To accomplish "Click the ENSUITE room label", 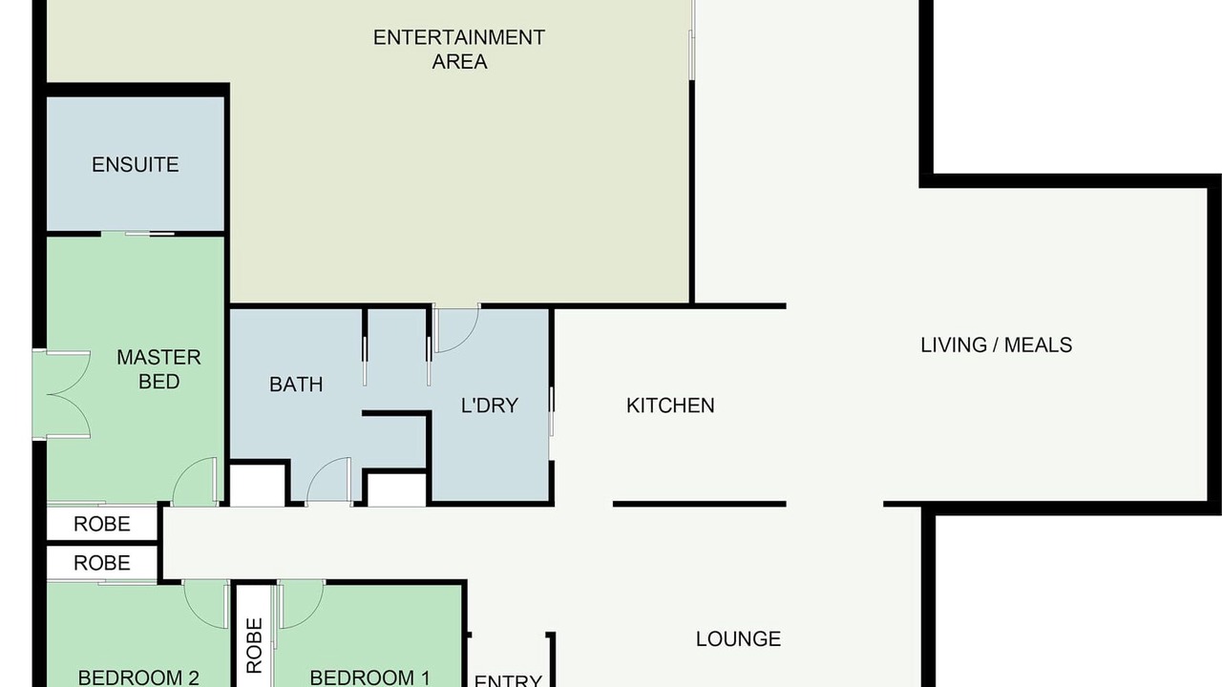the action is (135, 165).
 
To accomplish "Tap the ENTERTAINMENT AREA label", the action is (459, 49).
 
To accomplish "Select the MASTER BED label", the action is (158, 369).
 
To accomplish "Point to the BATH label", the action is (296, 385).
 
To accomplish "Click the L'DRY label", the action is (490, 406).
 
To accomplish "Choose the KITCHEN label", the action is (670, 406).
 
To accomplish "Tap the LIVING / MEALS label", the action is (996, 345).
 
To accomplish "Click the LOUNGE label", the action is (738, 639).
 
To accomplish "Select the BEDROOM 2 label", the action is (138, 677).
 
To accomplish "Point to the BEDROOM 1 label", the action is (369, 677).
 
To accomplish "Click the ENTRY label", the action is (508, 680).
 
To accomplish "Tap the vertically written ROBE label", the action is (255, 645).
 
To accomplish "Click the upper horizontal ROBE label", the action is (102, 524).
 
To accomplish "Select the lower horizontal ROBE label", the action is (102, 563).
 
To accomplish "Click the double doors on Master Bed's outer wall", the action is (62, 394).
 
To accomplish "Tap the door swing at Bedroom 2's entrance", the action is (206, 604).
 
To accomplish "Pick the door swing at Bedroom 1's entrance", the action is (301, 604).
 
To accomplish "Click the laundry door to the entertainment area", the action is (456, 328).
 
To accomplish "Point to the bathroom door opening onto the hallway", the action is (328, 481).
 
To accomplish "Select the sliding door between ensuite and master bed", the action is (137, 234).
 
